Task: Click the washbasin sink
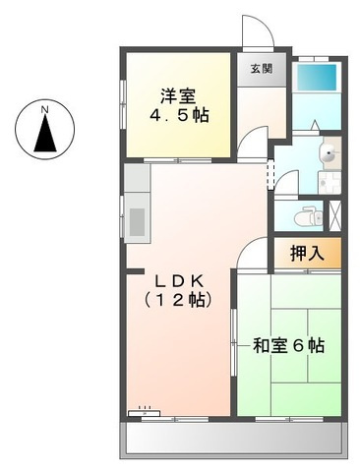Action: point(328,151)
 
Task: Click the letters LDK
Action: point(178,276)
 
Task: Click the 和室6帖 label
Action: point(287,346)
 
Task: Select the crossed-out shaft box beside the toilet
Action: point(336,212)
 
